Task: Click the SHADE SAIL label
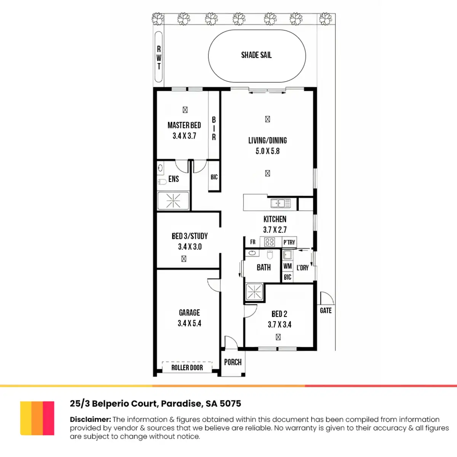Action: (x=256, y=55)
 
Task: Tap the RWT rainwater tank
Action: (x=159, y=57)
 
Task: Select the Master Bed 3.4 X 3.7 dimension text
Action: (x=184, y=136)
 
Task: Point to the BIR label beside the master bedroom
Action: (x=214, y=128)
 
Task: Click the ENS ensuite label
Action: (x=174, y=179)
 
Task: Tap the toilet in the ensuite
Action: (x=162, y=182)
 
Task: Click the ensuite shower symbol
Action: (x=173, y=201)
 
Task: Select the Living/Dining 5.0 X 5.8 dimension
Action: (x=267, y=151)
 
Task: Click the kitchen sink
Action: (x=281, y=203)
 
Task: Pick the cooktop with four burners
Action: (x=270, y=242)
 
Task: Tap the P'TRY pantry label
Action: (x=289, y=242)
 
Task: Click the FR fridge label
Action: (x=253, y=242)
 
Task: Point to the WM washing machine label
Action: (x=288, y=266)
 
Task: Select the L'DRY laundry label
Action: (x=303, y=268)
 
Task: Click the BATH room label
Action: (x=264, y=267)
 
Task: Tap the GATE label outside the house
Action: (x=326, y=310)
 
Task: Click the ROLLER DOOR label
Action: (x=187, y=368)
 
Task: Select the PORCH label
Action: (x=233, y=362)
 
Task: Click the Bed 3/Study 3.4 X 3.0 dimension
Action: (x=190, y=247)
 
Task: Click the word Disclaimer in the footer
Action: (x=90, y=419)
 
